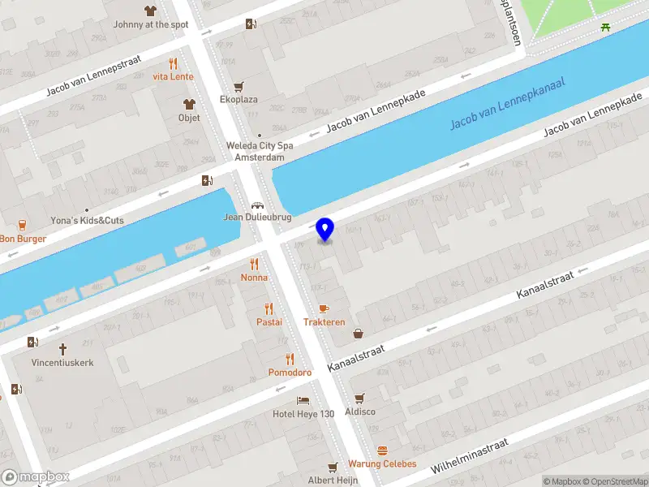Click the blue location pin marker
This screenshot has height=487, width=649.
pos(325,230)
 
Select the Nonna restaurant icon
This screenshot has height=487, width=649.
pos(254,264)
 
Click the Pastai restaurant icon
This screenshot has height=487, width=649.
pos(269,308)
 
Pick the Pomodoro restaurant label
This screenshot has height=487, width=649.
pos(290,373)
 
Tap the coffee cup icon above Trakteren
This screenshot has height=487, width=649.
pos(324,308)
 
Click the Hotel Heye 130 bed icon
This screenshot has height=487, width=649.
pos(303,401)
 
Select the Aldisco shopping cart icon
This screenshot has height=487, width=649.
pos(360,398)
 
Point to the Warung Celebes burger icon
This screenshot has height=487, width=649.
pos(382,450)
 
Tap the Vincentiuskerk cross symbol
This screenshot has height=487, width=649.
pos(62,348)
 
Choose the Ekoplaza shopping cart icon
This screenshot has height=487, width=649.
pos(239,86)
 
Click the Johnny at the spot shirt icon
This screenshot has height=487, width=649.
pos(150,11)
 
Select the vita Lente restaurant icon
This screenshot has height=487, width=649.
pos(173,63)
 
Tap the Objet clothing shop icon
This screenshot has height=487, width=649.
pos(189,104)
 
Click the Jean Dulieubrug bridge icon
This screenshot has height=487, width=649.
pos(257,205)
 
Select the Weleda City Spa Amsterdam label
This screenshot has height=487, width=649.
pos(259,152)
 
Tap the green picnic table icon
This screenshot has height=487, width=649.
pos(606,28)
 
